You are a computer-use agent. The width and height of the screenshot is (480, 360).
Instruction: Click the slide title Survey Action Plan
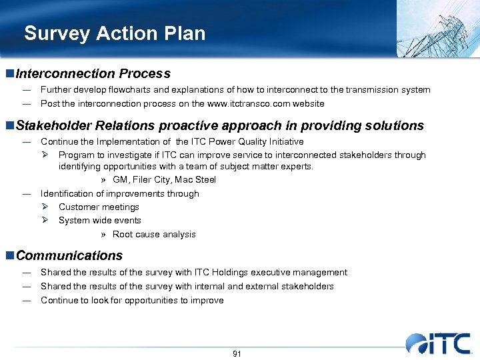pyautogui.click(x=115, y=33)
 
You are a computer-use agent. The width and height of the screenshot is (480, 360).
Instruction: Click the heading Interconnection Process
pyautogui.click(x=93, y=74)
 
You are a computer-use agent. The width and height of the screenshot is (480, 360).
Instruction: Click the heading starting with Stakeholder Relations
pyautogui.click(x=219, y=125)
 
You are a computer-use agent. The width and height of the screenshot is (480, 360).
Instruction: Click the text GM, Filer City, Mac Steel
pyautogui.click(x=164, y=180)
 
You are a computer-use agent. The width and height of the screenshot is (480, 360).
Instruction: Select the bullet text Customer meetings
pyautogui.click(x=99, y=207)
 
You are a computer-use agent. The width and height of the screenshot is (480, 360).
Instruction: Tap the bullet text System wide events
pyautogui.click(x=99, y=220)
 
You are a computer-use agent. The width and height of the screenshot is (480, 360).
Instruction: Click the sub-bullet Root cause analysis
pyautogui.click(x=154, y=234)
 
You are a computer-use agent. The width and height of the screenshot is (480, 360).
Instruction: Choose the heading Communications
pyautogui.click(x=69, y=255)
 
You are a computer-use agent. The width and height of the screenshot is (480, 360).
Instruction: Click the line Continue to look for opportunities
pyautogui.click(x=132, y=300)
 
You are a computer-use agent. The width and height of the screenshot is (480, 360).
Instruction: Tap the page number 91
pyautogui.click(x=237, y=353)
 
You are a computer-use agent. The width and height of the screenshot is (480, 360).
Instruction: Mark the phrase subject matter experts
pyautogui.click(x=273, y=167)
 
